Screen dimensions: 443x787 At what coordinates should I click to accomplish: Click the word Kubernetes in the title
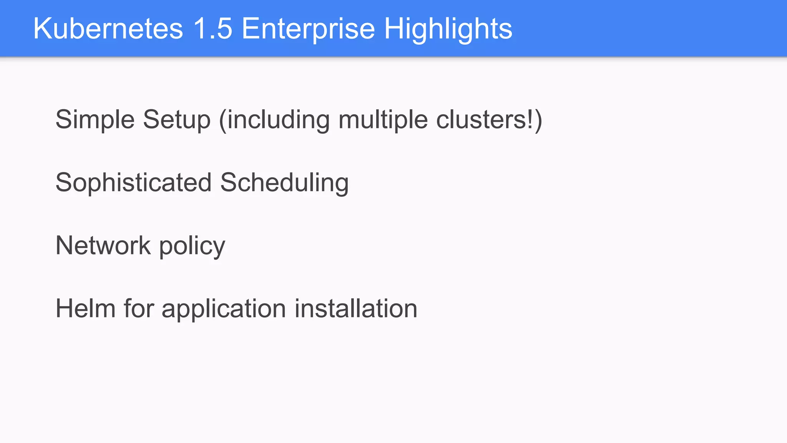coord(108,28)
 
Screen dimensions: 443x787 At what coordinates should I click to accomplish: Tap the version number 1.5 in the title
coord(213,28)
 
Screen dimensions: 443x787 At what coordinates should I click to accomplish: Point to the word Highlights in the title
coord(448,28)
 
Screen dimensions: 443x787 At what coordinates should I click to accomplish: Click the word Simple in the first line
coord(95,120)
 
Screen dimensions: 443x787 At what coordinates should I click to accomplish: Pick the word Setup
coord(177,120)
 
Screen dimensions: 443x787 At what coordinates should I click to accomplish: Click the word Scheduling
coord(284,182)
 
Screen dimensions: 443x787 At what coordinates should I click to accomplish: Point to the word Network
coord(103,245)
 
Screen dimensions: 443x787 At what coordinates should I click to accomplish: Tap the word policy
coord(192,245)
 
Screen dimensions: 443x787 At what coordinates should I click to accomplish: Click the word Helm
coord(85,308)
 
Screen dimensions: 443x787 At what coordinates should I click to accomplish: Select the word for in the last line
coord(138,308)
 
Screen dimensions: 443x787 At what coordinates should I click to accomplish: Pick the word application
coord(224,308)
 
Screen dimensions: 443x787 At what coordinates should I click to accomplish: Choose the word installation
coord(356,308)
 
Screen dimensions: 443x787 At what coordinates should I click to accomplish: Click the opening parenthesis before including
coord(223,120)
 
